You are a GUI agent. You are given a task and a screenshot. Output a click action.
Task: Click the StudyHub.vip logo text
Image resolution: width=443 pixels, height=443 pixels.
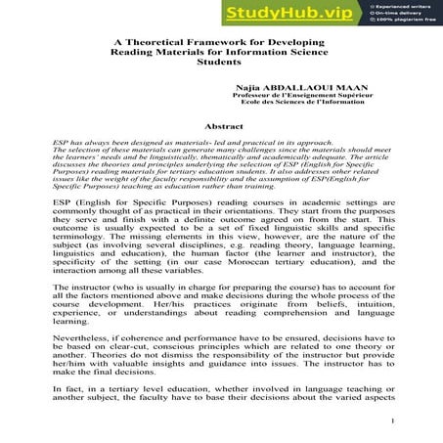289,12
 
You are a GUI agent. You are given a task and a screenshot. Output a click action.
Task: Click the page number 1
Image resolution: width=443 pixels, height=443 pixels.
391,421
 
